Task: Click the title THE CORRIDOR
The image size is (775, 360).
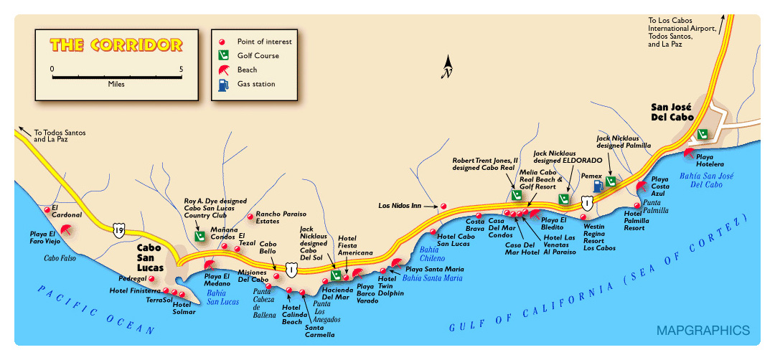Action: coord(116,44)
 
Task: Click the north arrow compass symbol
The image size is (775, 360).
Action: coord(448,68)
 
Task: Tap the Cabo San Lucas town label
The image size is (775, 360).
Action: coord(153,255)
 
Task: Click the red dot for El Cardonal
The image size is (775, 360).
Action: coord(47,209)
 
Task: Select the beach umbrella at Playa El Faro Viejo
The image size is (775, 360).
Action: coord(67,230)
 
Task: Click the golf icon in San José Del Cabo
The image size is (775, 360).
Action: coord(703,134)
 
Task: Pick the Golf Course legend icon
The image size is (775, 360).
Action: coord(223,55)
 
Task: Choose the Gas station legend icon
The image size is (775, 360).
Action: coord(223,84)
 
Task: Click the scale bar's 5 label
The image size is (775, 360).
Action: coord(182,69)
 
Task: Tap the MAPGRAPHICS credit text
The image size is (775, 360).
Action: coord(703,331)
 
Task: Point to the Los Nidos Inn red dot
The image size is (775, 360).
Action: coord(443,206)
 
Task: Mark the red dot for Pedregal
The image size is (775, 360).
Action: coord(151,278)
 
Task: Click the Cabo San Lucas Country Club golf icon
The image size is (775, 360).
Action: coord(200,235)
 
